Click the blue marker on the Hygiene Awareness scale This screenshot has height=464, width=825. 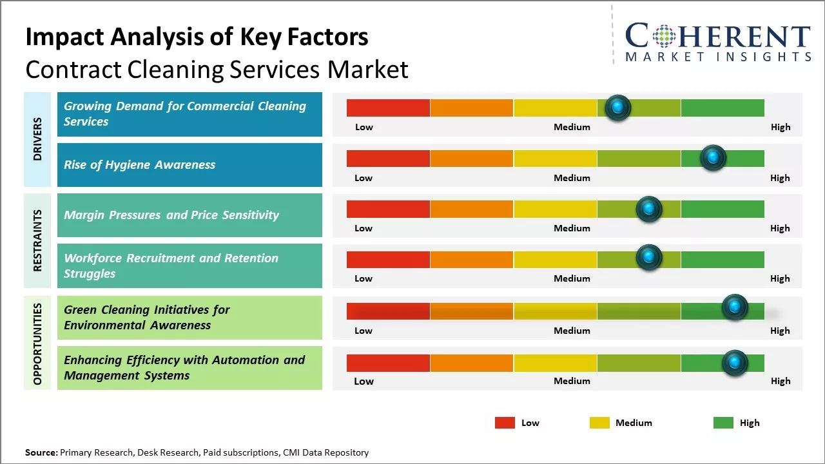(x=713, y=158)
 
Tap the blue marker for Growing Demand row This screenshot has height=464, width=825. (x=618, y=108)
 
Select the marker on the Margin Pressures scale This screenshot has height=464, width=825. (x=649, y=209)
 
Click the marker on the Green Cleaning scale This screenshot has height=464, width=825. (x=735, y=307)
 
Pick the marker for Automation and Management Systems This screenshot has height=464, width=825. (x=735, y=363)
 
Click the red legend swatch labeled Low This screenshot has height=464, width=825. (x=505, y=423)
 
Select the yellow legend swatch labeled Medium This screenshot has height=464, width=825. (x=599, y=423)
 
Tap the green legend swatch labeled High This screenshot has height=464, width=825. (x=723, y=423)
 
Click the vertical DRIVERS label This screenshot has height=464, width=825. (x=37, y=139)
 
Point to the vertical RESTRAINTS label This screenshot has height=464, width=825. (x=37, y=240)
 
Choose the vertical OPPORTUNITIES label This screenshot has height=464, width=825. (x=37, y=343)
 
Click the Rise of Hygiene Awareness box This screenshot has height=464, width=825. (x=189, y=165)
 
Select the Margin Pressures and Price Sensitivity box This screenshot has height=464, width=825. (x=189, y=215)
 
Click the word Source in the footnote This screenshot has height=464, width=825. (x=41, y=453)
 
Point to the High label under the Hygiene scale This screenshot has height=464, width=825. (x=780, y=178)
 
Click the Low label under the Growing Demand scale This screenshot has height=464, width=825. (x=364, y=127)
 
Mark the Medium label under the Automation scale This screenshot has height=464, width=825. (x=572, y=381)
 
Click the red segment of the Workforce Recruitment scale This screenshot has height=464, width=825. (x=388, y=260)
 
